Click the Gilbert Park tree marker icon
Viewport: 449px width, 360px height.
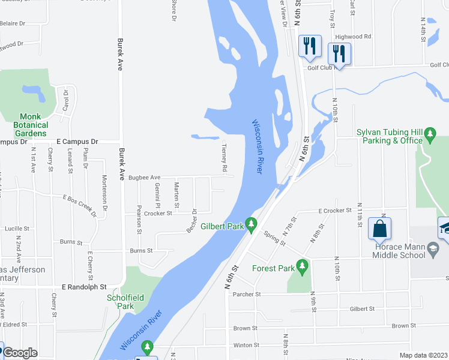(x=252, y=226)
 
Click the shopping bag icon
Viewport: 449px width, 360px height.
(x=379, y=229)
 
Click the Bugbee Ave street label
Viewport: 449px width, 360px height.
(x=144, y=178)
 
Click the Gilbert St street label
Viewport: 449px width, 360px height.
(x=362, y=309)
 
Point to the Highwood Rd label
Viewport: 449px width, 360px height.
(x=353, y=37)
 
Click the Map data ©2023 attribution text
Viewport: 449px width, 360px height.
(x=424, y=355)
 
